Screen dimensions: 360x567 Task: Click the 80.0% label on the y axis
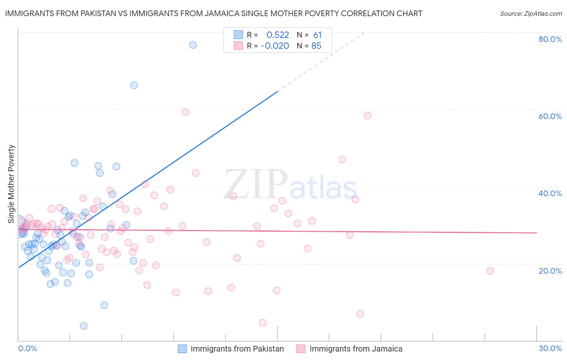pyautogui.click(x=550, y=39)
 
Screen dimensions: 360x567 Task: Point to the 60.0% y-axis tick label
pyautogui.click(x=550, y=116)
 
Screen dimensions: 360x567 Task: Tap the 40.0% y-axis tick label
pyautogui.click(x=550, y=193)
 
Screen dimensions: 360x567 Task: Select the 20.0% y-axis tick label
pyautogui.click(x=550, y=270)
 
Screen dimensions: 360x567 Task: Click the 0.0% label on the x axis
pyautogui.click(x=27, y=348)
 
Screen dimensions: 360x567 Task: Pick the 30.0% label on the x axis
pyautogui.click(x=550, y=348)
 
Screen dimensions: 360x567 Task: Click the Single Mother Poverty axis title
pyautogui.click(x=11, y=184)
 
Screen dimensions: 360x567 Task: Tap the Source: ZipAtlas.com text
pyautogui.click(x=531, y=14)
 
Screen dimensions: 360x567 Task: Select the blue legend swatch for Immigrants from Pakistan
pyautogui.click(x=182, y=349)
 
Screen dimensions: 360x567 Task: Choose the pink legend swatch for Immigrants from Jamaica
pyautogui.click(x=301, y=349)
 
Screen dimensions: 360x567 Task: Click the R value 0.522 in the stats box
pyautogui.click(x=277, y=35)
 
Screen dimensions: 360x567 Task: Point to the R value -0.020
pyautogui.click(x=275, y=46)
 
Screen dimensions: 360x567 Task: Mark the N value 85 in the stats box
pyautogui.click(x=316, y=46)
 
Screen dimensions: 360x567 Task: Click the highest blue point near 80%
pyautogui.click(x=193, y=45)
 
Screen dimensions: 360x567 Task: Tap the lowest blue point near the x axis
pyautogui.click(x=83, y=326)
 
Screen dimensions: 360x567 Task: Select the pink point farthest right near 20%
pyautogui.click(x=490, y=271)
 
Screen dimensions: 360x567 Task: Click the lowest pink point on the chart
pyautogui.click(x=263, y=323)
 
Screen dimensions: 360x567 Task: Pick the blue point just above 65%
pyautogui.click(x=134, y=85)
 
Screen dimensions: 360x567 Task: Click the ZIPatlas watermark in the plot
pyautogui.click(x=290, y=185)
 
